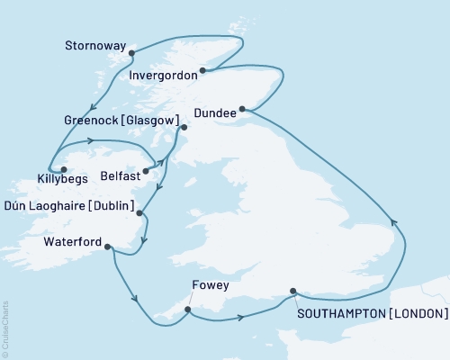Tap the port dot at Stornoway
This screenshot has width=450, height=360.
131,52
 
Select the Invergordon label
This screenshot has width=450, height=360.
163,76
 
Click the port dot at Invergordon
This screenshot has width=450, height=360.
202,70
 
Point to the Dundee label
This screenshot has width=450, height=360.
214,113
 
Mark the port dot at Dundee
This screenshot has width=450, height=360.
242,110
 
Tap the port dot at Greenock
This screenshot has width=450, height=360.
184,128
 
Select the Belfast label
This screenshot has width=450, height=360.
119,176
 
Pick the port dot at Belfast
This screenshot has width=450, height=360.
146,170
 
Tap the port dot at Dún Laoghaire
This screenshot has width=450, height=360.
139,212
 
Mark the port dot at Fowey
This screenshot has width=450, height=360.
187,310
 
